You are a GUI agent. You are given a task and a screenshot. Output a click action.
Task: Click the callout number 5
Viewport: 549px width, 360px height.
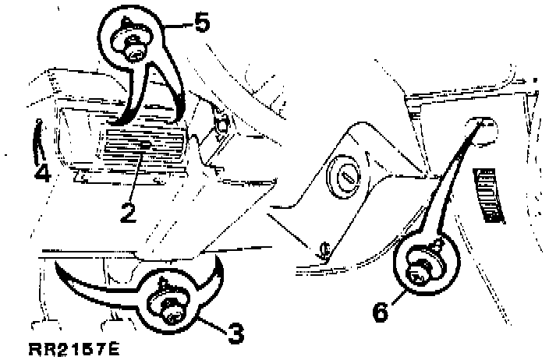[x=202, y=23]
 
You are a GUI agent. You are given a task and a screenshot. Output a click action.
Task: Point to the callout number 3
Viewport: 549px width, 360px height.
[x=236, y=333]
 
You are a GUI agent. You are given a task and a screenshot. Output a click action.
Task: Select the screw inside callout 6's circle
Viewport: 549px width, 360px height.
[x=420, y=270]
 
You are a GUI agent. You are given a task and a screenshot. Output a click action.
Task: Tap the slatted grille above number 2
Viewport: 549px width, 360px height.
[x=145, y=144]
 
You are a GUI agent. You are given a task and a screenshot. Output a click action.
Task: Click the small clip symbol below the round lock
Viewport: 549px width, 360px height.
[x=323, y=249]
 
